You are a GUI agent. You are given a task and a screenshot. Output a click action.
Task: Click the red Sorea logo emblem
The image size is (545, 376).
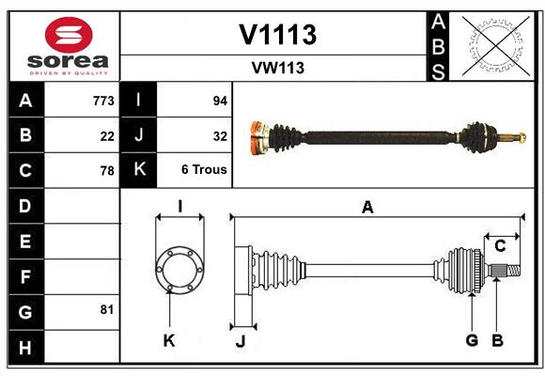tap(69, 36)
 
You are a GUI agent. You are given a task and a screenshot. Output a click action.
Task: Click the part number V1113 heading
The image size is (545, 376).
tap(277, 35)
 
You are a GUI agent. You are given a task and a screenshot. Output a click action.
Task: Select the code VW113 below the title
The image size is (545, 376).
tap(277, 68)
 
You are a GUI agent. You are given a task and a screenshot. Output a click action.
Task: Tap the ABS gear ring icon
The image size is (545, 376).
tap(493, 45)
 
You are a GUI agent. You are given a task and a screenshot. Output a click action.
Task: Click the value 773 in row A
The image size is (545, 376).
tap(103, 101)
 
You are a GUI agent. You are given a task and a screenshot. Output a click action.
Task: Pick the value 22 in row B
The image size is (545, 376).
tap(107, 136)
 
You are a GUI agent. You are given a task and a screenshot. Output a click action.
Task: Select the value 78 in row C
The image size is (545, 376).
tap(107, 171)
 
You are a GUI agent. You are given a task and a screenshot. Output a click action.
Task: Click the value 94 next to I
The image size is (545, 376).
tap(219, 101)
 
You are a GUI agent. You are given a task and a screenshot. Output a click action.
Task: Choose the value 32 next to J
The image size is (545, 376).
tap(219, 135)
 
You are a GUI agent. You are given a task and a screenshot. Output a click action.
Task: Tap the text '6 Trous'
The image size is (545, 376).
tap(204, 170)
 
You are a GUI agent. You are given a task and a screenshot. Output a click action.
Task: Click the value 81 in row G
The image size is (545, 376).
tap(106, 309)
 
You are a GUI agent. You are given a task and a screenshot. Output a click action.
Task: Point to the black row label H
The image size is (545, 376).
tap(25, 347)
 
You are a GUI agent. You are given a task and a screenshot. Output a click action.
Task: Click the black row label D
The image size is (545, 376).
tap(25, 206)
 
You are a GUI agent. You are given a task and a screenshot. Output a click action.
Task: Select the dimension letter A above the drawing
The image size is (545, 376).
tap(367, 208)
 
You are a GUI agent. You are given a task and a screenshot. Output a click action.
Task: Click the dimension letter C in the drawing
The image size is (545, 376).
tap(500, 246)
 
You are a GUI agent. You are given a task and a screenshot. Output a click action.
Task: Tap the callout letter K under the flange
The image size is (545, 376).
tap(169, 341)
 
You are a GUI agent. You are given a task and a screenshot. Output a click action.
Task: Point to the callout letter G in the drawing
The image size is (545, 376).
tap(472, 341)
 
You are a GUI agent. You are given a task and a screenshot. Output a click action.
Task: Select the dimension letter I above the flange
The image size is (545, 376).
tap(179, 206)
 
